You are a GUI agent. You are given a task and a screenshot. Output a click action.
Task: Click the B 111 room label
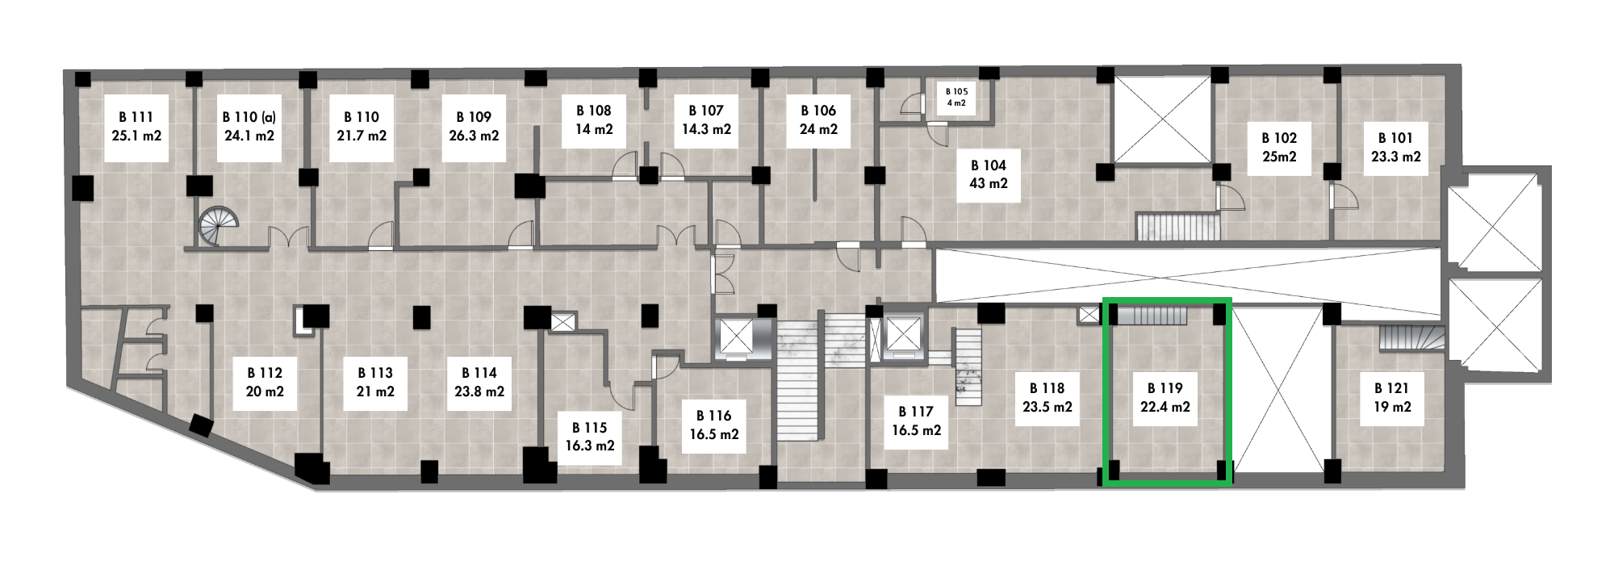(136, 118)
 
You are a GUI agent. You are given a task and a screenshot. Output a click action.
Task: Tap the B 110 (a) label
(249, 118)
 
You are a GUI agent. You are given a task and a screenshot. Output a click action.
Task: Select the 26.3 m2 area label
(474, 136)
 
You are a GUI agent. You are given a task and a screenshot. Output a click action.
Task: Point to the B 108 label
(594, 111)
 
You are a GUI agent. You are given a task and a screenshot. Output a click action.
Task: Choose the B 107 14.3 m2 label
(706, 119)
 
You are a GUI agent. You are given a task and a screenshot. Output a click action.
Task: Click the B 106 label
(818, 111)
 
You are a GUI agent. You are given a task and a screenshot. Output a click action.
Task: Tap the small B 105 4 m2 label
(956, 97)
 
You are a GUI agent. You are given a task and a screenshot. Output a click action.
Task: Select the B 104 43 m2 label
(989, 174)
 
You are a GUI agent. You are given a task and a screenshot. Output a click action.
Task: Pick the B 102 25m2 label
(1279, 147)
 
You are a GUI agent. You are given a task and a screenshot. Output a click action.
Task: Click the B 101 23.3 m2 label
(1396, 147)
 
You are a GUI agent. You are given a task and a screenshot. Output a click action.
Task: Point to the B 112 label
(265, 373)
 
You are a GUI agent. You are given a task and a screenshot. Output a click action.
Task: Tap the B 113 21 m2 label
(375, 383)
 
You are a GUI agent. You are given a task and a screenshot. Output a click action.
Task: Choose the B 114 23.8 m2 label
(479, 383)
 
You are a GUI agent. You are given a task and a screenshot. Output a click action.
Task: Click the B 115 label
(589, 428)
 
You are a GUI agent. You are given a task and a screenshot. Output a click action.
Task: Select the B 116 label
(714, 416)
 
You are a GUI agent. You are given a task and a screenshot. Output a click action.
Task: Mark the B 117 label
(916, 412)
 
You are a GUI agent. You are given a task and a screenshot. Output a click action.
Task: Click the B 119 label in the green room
(1165, 388)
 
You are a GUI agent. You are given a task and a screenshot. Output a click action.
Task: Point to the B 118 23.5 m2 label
(1047, 397)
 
